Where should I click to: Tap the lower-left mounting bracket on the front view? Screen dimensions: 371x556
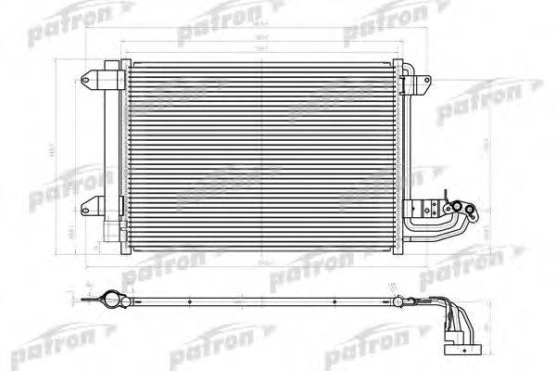pos(91,205)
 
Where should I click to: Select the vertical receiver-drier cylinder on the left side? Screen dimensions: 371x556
pos(110,153)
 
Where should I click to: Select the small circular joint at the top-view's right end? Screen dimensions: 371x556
pos(401,301)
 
